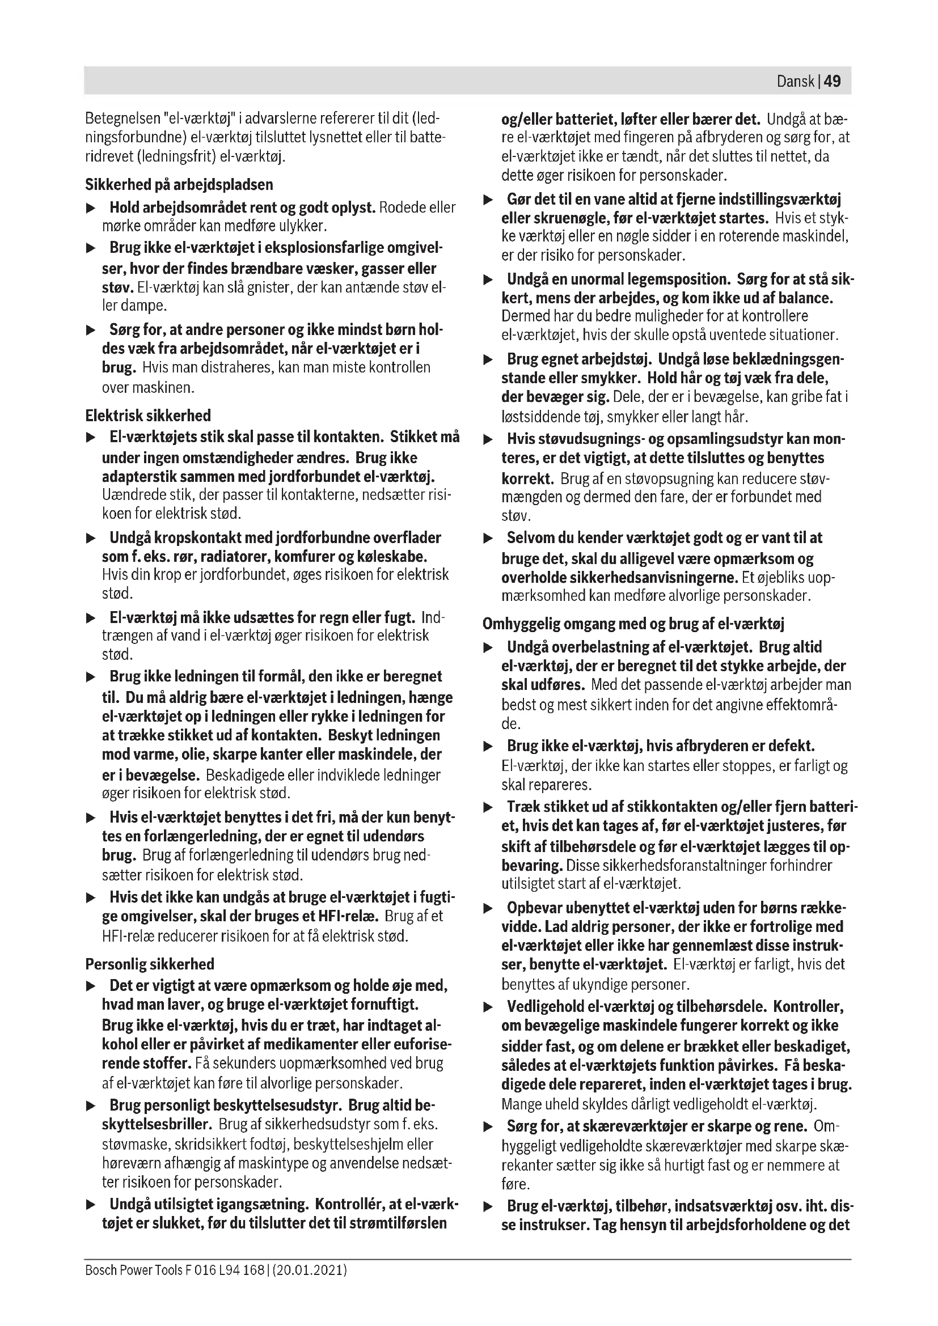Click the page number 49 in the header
(833, 81)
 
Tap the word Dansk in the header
(795, 81)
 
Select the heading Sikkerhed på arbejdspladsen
(179, 185)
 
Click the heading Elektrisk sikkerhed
(148, 415)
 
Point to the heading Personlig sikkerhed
(150, 964)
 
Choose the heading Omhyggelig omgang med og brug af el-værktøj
(633, 624)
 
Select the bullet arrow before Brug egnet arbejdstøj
(489, 360)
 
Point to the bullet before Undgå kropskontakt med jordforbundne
(91, 538)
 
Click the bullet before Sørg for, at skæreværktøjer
(489, 1126)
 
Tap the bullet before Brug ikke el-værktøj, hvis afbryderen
(489, 746)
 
